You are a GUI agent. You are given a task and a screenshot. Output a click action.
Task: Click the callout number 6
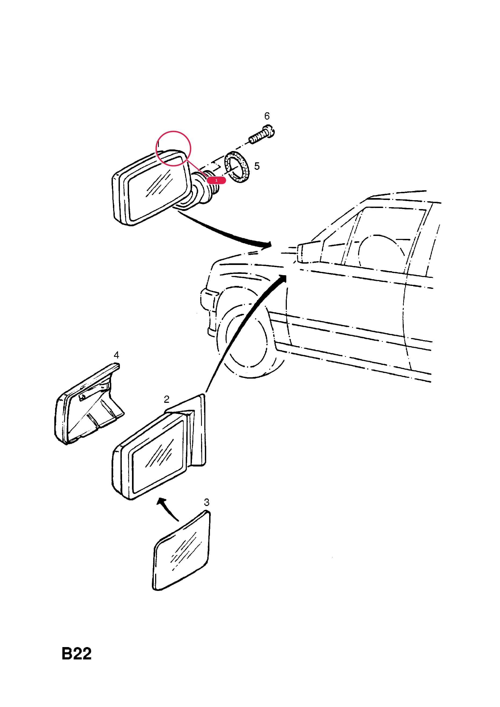coord(267,116)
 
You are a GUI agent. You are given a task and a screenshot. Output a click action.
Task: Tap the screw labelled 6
coord(262,134)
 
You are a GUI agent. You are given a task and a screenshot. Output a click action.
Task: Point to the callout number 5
coord(257,166)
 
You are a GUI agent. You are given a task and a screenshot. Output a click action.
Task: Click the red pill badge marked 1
coord(216,180)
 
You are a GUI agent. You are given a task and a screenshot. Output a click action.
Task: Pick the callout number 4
coord(116,355)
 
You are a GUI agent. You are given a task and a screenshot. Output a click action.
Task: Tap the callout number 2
coord(166,399)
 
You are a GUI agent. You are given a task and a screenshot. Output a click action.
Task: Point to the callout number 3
coord(206,503)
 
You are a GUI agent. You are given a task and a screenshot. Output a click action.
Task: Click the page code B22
coord(76,654)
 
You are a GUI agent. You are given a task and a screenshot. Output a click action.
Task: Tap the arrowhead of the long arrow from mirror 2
coord(283,278)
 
